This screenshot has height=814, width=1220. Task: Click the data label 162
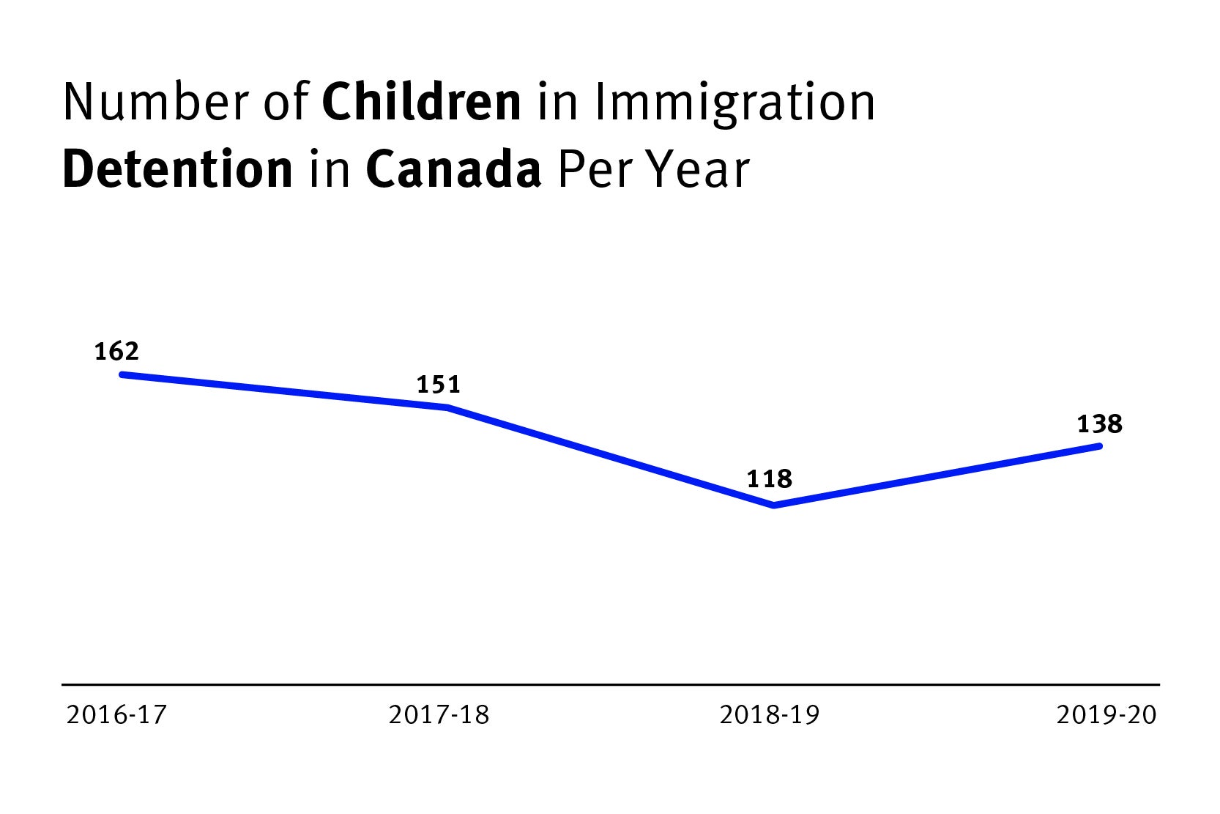pos(116,352)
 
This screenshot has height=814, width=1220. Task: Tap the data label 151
pos(438,385)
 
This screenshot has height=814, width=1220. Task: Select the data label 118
pos(769,479)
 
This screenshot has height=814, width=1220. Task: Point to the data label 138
pos(1099,424)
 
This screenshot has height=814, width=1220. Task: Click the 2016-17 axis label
pos(116,714)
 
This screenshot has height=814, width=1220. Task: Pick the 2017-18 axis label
pos(439,714)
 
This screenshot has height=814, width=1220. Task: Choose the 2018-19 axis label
pos(769,714)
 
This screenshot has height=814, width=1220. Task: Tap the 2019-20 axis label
pos(1106,714)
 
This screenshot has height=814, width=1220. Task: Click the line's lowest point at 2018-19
pos(774,506)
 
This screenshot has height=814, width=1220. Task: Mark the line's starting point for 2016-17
pos(122,374)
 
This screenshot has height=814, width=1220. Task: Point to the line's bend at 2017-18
pos(447,407)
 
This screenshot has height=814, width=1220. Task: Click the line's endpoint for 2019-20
pos(1099,445)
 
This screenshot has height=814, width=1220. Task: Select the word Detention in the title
pos(177,169)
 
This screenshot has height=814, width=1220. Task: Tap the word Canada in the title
pos(453,169)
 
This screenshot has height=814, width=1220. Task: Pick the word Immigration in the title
pos(734,103)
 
